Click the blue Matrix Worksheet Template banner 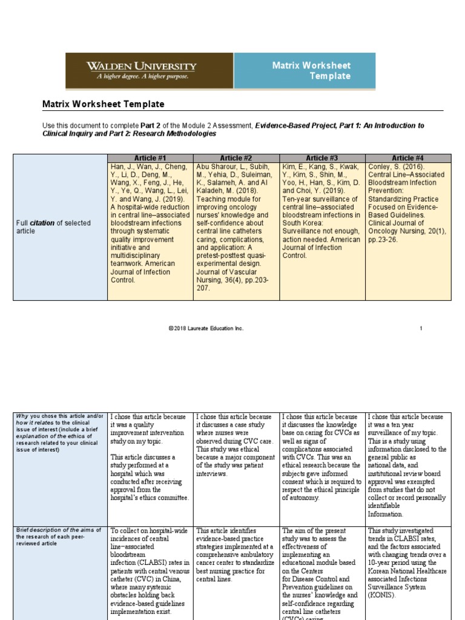coord(311,71)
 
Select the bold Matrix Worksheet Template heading coord(103,104)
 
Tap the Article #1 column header coord(150,158)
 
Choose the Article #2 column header coord(236,158)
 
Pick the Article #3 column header coord(322,158)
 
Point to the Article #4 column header coord(407,158)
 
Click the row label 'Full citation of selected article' coord(53,227)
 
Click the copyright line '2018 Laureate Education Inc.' coord(206,328)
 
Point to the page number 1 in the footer coord(421,328)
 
